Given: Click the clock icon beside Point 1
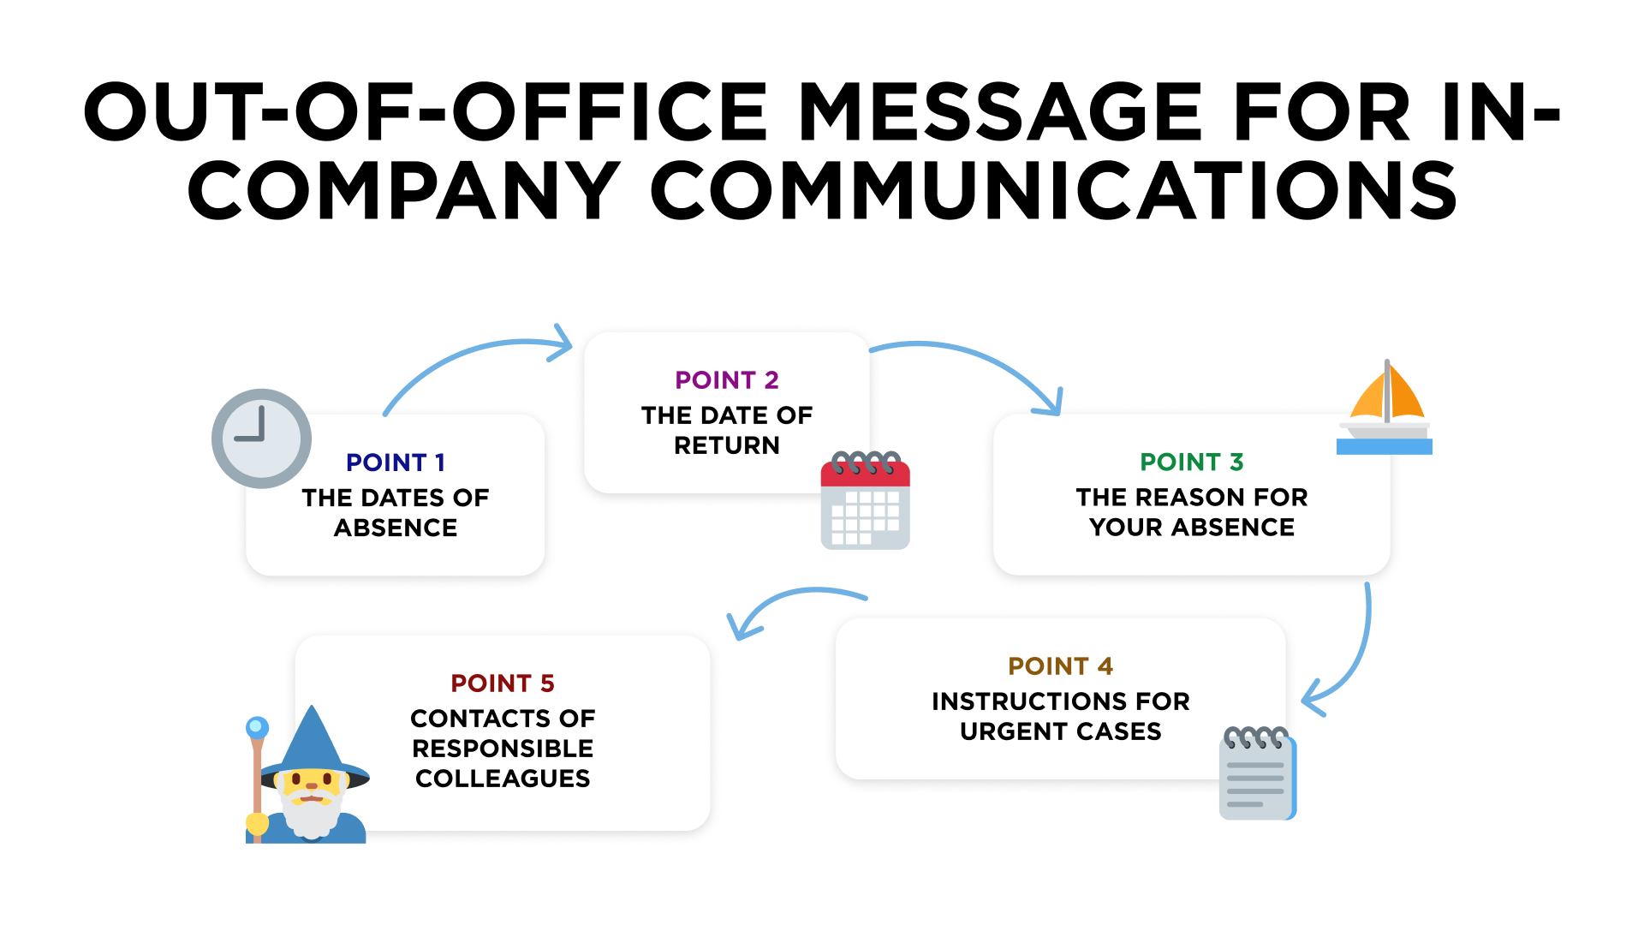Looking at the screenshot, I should (261, 439).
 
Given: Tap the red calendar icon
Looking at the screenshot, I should (865, 501).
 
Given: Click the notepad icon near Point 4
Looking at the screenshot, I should (1257, 774).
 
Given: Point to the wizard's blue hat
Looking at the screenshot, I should (313, 745).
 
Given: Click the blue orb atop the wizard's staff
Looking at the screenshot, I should (257, 728).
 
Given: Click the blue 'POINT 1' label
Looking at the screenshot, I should (395, 462).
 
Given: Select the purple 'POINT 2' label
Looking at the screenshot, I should (726, 380).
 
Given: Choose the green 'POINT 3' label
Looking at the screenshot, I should (1191, 462).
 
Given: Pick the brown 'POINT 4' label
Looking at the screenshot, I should (1060, 666).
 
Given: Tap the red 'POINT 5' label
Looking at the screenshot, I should (503, 683).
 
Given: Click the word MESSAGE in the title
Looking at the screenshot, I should (1001, 112).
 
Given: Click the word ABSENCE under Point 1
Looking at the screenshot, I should (396, 528).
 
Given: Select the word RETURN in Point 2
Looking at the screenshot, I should (726, 445).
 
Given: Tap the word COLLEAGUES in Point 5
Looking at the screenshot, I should (503, 779).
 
